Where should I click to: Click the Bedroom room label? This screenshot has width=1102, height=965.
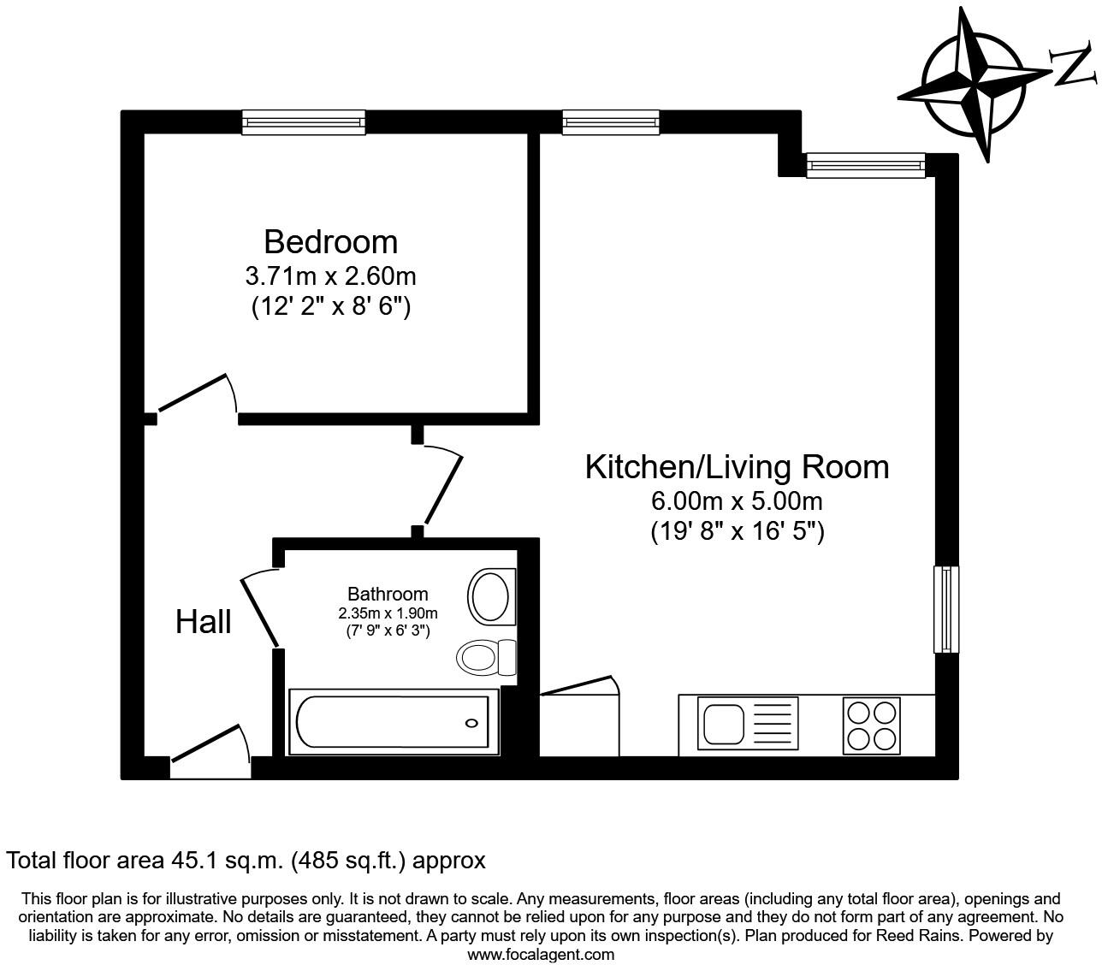coord(331,242)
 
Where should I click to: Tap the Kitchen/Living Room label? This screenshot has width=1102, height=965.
coord(737,466)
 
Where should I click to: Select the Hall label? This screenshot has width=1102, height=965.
coord(203,621)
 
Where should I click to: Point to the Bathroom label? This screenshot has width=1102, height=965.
coord(388,594)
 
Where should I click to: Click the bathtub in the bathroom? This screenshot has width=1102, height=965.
coord(394,721)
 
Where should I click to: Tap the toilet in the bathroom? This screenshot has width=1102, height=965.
coord(486,657)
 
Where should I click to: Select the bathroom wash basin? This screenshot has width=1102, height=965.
coord(491,596)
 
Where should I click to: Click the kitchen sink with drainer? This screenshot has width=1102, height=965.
coord(748,723)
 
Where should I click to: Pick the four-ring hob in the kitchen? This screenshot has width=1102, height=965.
coord(872,725)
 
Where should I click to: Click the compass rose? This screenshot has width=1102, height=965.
coord(975,85)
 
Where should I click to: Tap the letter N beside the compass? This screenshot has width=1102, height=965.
coord(1073,66)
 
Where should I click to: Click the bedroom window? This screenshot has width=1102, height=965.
coord(304,122)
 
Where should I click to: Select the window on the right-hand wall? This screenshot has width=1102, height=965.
coord(946,609)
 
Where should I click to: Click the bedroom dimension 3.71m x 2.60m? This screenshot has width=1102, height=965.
coord(331,277)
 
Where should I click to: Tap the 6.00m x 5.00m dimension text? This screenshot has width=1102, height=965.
coord(737,501)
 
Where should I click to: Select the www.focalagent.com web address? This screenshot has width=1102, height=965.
coord(541,955)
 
